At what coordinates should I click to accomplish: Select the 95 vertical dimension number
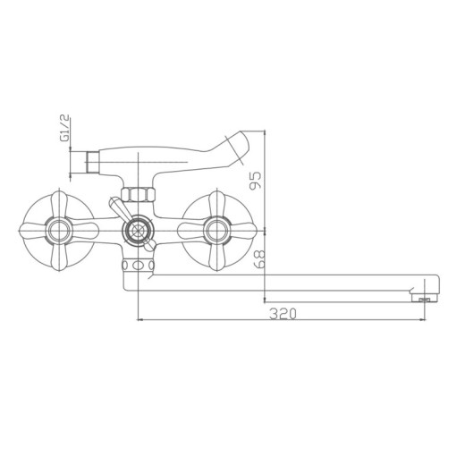tap(257, 181)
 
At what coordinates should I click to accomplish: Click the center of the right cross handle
tap(215, 231)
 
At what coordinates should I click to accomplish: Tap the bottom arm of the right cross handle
tap(215, 260)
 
